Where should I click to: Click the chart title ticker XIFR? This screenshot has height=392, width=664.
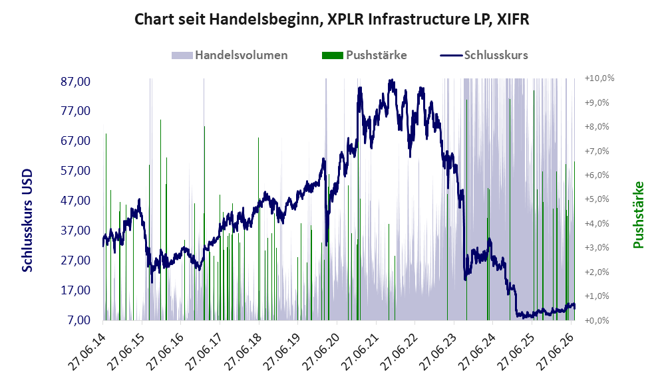512,19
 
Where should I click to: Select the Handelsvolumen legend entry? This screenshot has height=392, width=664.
230,55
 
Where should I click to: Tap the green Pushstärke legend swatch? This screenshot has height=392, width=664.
333,55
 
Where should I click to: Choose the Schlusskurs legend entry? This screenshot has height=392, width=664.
484,55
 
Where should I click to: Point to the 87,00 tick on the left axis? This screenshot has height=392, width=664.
76,81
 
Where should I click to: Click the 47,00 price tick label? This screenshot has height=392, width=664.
76,201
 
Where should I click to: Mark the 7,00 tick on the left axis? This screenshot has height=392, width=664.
79,320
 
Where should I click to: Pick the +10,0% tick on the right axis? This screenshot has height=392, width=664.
599,78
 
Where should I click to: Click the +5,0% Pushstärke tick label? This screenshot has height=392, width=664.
597,199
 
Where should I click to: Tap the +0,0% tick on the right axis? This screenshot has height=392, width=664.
597,320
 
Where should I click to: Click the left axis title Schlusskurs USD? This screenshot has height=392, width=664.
27,221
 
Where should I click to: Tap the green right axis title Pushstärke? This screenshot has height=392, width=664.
638,215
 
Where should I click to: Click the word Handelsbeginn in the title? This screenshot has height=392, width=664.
263,19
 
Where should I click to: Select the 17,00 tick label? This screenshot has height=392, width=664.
76,290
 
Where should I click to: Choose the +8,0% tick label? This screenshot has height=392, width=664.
597,127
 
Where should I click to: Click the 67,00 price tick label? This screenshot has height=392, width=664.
76,141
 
